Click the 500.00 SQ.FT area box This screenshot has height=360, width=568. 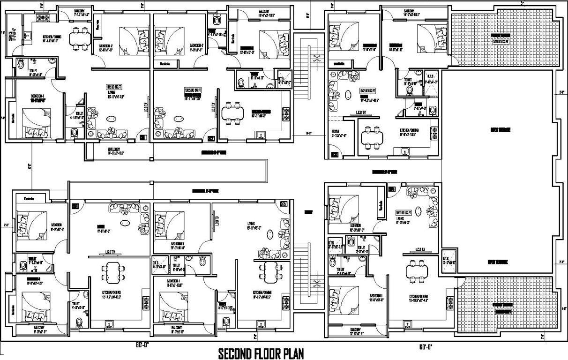(x=500, y=41)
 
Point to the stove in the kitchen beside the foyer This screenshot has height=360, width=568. (x=434, y=129)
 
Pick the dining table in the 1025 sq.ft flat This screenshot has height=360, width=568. (x=233, y=115)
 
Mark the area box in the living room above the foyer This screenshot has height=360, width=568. (x=367, y=90)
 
